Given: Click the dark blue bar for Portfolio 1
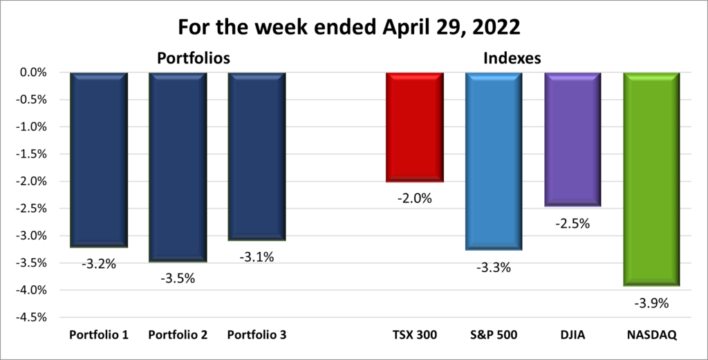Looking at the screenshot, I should (x=99, y=159).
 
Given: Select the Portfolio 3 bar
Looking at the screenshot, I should (x=257, y=156).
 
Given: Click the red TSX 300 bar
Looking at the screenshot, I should (x=415, y=127).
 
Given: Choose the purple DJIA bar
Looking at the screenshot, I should (x=572, y=139).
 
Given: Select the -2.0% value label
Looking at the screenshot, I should (x=415, y=198).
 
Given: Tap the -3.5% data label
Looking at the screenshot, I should (x=178, y=278).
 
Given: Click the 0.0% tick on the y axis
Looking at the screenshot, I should (x=31, y=73).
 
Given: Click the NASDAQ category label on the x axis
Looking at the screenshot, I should (x=652, y=335).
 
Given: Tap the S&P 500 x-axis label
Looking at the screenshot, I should (x=494, y=335).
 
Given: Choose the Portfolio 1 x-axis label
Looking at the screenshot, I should (x=99, y=335).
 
